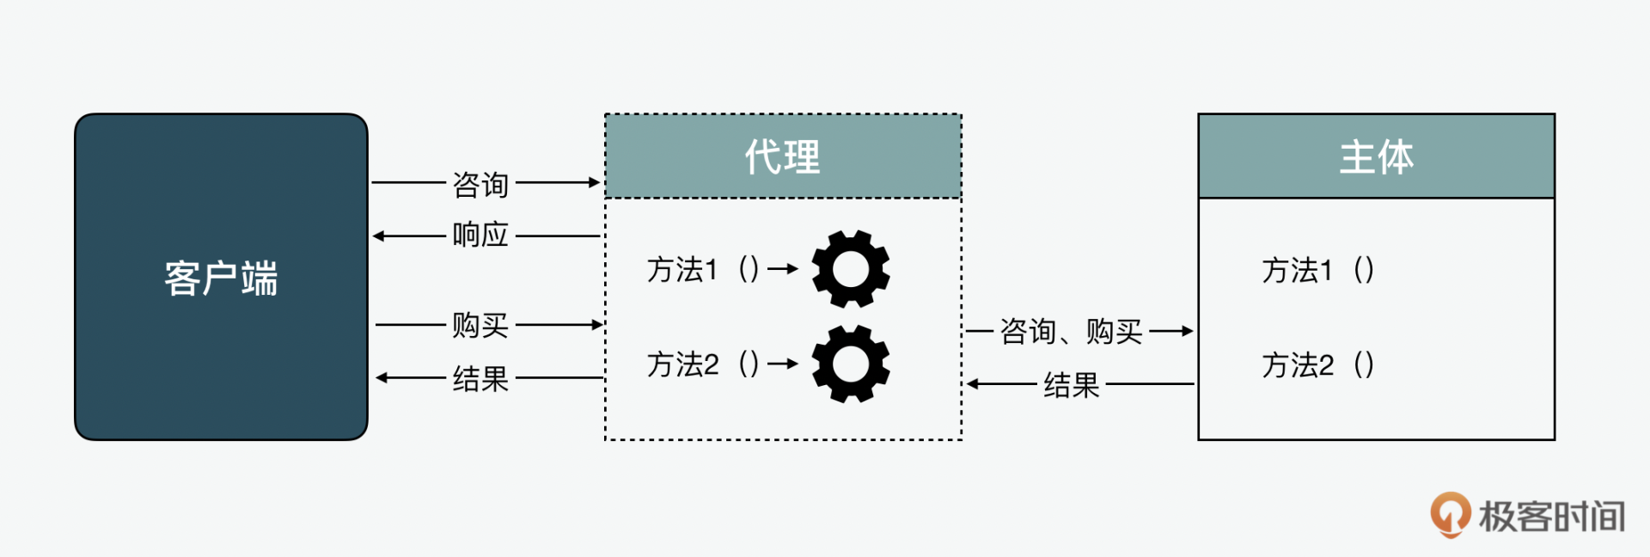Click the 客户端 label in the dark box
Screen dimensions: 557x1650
(x=221, y=278)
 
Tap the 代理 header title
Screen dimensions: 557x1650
(x=782, y=157)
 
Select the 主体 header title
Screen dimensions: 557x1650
(x=1376, y=157)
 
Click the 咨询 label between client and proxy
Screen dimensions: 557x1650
(x=480, y=184)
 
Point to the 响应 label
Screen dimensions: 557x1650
(x=480, y=235)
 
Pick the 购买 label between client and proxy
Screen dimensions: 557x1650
(x=480, y=325)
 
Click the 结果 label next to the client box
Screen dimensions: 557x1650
(x=480, y=378)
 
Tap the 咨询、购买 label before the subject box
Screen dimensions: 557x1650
(x=1071, y=331)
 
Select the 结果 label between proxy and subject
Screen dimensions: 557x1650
(x=1071, y=384)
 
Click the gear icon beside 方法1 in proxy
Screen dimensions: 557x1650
(x=851, y=269)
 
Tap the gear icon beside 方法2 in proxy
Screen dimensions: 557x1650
(x=851, y=364)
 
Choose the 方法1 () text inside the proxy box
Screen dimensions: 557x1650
(x=703, y=270)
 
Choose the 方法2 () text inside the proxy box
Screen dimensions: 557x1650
(x=703, y=364)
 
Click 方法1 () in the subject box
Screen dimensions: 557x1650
(x=1317, y=270)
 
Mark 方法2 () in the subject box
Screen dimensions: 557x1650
(x=1317, y=364)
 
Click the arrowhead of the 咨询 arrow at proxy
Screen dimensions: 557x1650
(x=594, y=182)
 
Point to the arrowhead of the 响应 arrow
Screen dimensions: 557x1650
(x=379, y=236)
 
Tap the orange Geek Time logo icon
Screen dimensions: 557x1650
(x=1450, y=513)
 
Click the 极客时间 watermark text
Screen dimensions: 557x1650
(x=1551, y=516)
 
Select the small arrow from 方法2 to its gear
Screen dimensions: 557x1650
(x=783, y=364)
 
